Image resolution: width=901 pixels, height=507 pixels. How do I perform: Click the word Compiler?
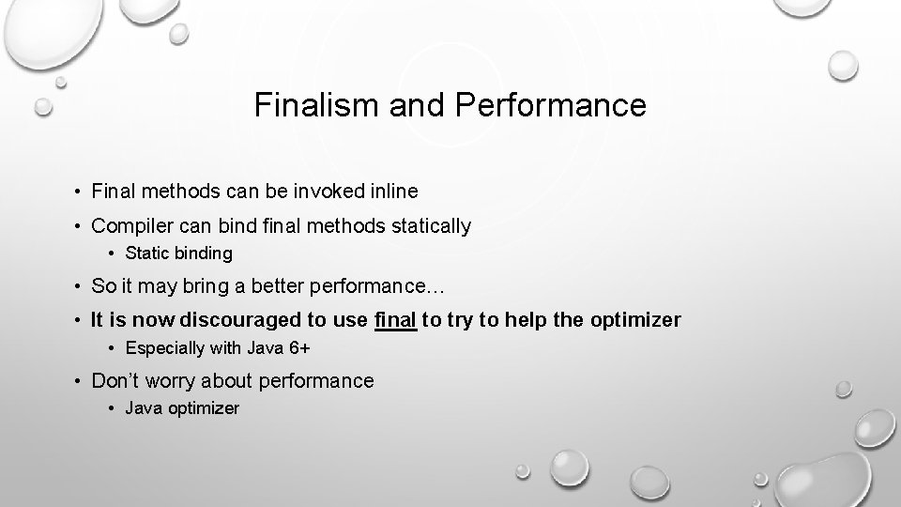tap(131, 225)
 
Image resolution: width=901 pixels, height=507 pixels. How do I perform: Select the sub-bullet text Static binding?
tap(178, 253)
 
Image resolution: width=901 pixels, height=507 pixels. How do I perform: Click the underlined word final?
tap(395, 320)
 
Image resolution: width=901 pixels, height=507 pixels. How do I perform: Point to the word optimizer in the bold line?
tap(635, 320)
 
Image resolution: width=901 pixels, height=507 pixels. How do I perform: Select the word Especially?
tap(164, 348)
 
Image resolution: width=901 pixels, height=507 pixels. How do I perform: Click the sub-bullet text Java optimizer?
tap(182, 408)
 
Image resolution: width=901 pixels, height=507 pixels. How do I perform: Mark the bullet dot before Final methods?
tap(74, 192)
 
